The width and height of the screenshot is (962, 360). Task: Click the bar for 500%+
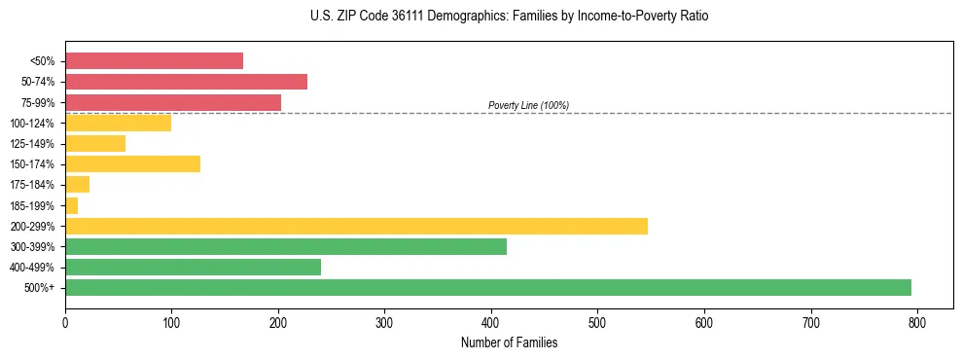tap(487, 287)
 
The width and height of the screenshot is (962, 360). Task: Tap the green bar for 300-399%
tap(285, 246)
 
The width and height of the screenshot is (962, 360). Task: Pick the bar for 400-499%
tap(193, 267)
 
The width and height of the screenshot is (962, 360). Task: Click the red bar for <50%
tap(154, 61)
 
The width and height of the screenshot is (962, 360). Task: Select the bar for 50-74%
tap(186, 82)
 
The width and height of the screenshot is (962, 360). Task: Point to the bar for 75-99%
tap(173, 102)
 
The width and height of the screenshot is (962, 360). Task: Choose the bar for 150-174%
tap(132, 163)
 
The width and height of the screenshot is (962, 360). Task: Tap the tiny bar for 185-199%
tap(71, 205)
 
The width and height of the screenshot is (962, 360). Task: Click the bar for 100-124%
tap(118, 123)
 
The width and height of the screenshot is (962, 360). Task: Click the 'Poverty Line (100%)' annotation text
tap(528, 105)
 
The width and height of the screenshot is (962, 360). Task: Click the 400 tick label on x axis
tap(491, 323)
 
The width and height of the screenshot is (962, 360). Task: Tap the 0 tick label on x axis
tap(65, 323)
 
